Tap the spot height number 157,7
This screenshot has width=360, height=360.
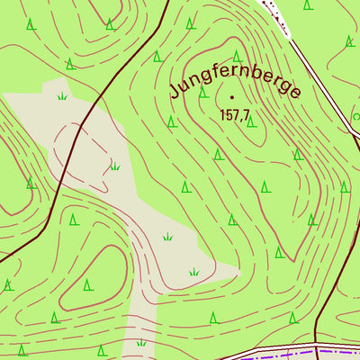(233, 115)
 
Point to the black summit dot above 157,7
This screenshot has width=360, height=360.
(233, 96)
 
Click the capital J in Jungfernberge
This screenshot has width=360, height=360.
(175, 89)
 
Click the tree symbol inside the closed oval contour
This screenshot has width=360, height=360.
(87, 285)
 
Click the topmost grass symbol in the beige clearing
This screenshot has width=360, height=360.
(61, 94)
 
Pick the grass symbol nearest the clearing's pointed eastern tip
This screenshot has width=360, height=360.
(193, 271)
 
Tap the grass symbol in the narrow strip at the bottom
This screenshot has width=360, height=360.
(140, 342)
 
